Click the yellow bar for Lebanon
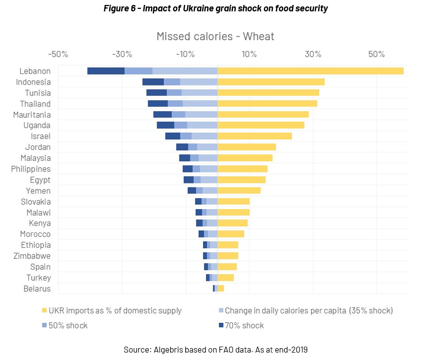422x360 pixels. click(x=310, y=71)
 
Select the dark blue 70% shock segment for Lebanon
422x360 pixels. click(x=106, y=71)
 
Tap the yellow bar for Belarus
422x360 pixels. click(x=221, y=288)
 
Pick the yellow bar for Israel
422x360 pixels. click(x=254, y=136)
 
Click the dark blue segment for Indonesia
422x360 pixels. click(x=153, y=82)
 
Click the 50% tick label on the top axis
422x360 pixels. click(x=376, y=54)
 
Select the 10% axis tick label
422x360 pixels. click(x=249, y=54)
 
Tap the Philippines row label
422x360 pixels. click(x=31, y=169)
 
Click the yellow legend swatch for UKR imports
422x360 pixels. click(x=44, y=311)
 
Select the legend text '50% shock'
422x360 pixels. click(x=69, y=325)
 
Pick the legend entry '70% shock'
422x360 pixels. click(x=244, y=325)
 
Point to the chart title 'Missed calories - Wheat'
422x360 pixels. click(x=215, y=36)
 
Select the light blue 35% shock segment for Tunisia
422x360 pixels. click(x=200, y=93)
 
